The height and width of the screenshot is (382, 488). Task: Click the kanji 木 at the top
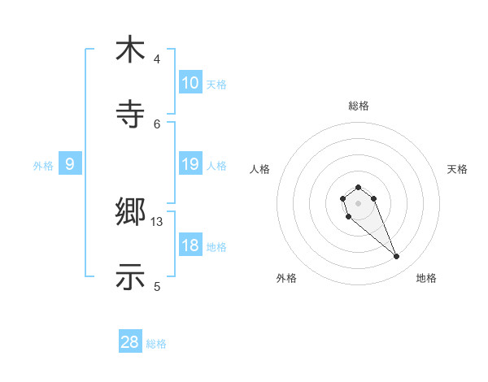coord(130,50)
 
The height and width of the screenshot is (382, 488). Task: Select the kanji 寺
coord(130,114)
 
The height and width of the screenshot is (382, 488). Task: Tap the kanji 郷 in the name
coord(130,213)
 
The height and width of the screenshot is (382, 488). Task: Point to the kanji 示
coord(130,276)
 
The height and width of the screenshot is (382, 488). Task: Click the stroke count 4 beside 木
coord(157,59)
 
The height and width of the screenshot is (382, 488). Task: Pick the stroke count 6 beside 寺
coord(157,124)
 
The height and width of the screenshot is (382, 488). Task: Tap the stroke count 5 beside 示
coord(157,286)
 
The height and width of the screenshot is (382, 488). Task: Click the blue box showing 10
coord(190,83)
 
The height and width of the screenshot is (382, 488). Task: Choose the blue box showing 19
coord(190,164)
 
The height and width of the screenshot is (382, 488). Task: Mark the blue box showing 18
coord(190,245)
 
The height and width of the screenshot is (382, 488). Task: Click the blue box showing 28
coord(130,342)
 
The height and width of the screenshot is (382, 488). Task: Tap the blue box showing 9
coord(70,164)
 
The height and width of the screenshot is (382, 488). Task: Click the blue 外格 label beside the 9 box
coord(43,166)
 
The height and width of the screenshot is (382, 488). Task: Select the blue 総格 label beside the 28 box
coord(156,344)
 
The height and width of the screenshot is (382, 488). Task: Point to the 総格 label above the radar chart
coord(358,106)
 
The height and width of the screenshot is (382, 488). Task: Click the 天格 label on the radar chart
coord(457,169)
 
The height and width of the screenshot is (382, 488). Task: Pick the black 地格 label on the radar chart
coord(426,278)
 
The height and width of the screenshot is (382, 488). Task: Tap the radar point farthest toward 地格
coord(397,257)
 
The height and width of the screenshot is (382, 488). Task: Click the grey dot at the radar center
coord(358,202)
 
